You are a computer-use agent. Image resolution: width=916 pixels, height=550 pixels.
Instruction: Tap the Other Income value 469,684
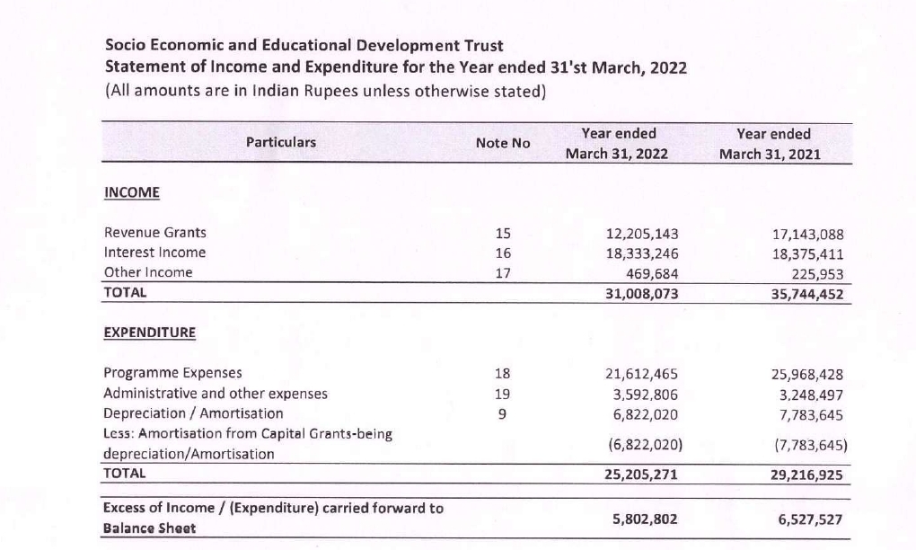pos(653,272)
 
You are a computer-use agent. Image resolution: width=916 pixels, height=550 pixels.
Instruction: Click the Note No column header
pos(503,143)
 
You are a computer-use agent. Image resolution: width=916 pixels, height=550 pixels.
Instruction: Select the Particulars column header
pos(281,142)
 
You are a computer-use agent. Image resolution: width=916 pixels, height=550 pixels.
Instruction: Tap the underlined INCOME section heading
pos(132,192)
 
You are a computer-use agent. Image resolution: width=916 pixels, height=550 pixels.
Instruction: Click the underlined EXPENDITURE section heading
pos(149,332)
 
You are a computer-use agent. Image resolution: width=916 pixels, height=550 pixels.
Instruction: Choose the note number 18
pos(502,373)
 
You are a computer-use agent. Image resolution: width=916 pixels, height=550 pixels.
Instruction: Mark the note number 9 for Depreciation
pos(502,413)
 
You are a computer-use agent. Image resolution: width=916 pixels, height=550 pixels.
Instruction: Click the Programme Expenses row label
pos(172,373)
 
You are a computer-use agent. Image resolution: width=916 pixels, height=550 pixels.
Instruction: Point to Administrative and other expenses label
pos(216,394)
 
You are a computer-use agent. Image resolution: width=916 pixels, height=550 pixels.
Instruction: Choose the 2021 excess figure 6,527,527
pos(809,519)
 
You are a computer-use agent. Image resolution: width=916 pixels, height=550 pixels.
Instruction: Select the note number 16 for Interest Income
pos(502,253)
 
